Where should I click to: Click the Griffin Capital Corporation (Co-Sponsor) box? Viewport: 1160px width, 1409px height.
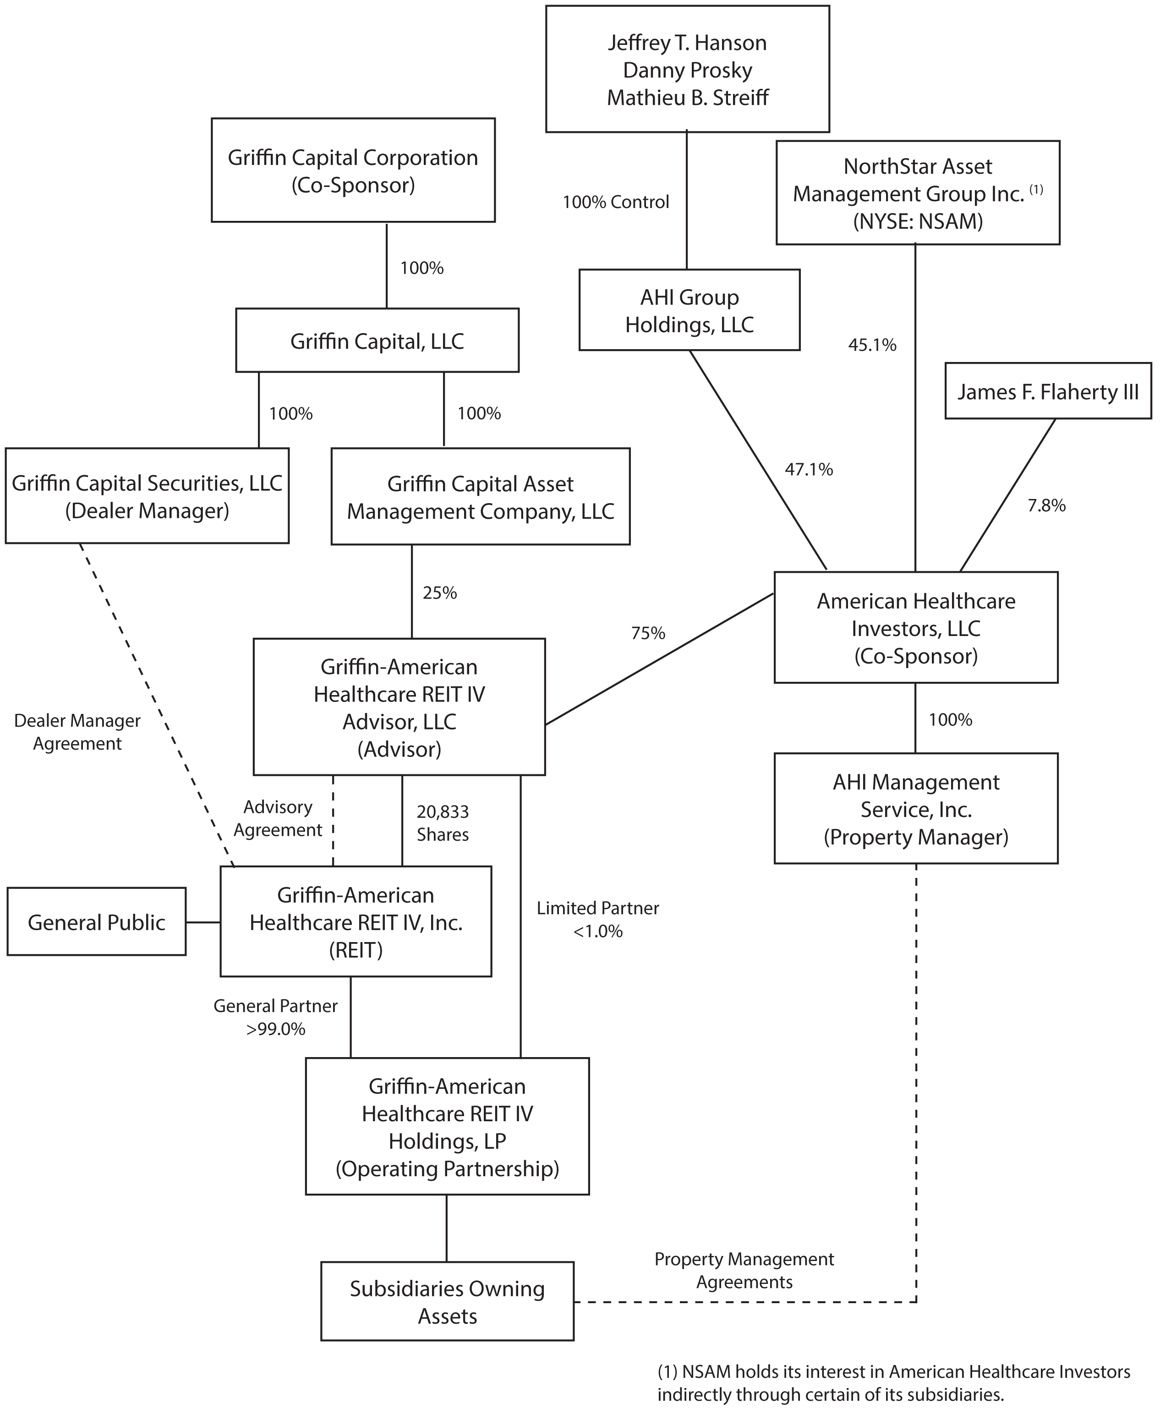tap(353, 170)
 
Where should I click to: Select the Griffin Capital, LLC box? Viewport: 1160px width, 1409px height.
tap(377, 340)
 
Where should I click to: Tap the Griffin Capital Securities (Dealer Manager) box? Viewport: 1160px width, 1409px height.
tap(147, 495)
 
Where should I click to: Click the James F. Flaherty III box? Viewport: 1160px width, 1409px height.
tap(1048, 391)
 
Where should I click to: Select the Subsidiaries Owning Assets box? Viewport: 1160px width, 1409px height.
tap(447, 1301)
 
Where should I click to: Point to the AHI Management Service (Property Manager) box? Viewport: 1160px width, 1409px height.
tap(915, 809)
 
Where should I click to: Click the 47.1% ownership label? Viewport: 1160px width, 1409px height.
tap(809, 470)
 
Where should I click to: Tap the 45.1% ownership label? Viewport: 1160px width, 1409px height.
tap(872, 345)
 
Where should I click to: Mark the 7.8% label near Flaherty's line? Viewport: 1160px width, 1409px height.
tap(1046, 505)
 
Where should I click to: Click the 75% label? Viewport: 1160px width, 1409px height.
tap(648, 633)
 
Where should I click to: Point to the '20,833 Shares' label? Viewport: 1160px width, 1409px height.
tap(443, 823)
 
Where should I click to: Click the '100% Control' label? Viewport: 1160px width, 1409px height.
tap(615, 202)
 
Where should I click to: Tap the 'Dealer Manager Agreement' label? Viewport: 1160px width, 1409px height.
tap(77, 732)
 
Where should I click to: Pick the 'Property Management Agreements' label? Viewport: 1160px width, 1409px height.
tap(744, 1271)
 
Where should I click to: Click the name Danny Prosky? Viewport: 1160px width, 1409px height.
tap(688, 70)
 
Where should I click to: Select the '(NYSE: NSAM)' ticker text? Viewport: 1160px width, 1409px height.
tap(918, 220)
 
